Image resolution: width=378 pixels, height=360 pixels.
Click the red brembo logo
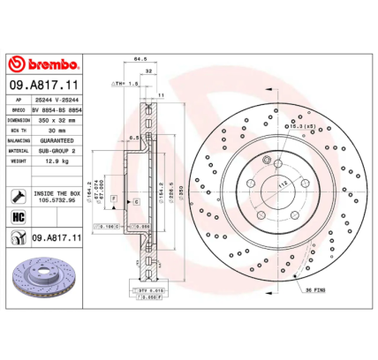[x=45, y=65]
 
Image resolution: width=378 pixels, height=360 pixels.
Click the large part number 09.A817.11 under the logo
[x=45, y=84]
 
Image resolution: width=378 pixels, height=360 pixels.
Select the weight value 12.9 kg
[x=57, y=161]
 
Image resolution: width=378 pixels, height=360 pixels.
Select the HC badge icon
[x=18, y=216]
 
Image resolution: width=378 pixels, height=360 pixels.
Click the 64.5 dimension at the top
[x=139, y=60]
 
